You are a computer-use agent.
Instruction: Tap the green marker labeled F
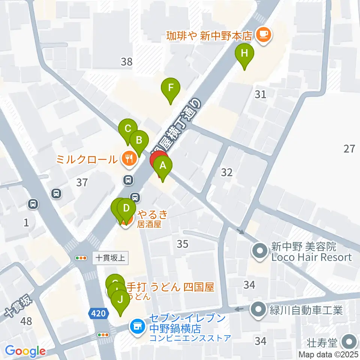coord(171,89)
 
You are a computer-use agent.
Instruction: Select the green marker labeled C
coord(127,129)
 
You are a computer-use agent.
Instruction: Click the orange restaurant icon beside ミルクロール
coord(129,159)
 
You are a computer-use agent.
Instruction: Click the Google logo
coord(25,351)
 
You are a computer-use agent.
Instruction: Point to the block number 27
coord(349,149)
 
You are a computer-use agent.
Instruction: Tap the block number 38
coord(127,61)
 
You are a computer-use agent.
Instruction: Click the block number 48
coord(27,321)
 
